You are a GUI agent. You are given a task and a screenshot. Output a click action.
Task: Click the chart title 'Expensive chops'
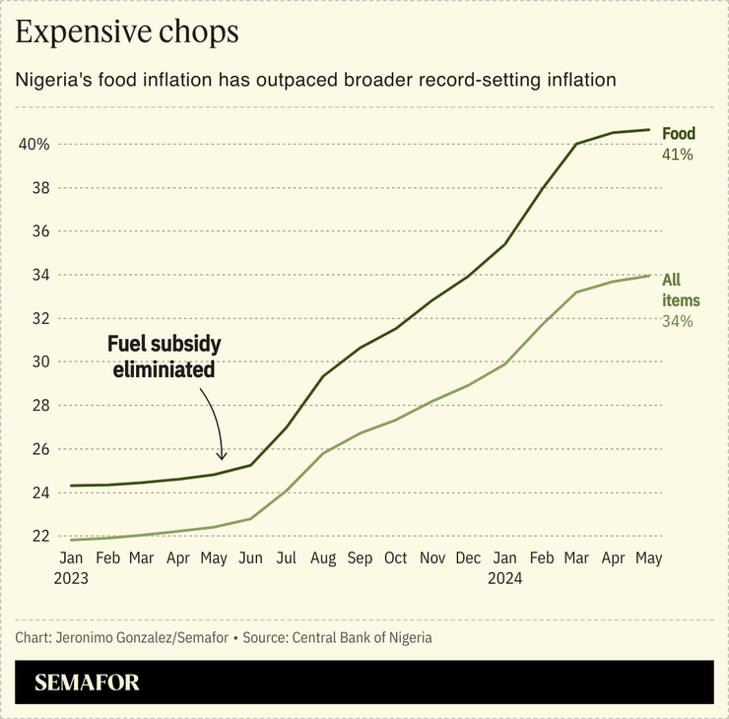point(127,33)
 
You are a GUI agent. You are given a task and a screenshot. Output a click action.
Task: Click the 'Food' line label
point(678,134)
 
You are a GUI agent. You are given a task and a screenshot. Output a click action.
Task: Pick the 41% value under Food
point(678,155)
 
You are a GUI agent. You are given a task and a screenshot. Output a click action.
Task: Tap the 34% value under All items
point(678,321)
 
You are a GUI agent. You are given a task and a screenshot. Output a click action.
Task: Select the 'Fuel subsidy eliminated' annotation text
point(164,358)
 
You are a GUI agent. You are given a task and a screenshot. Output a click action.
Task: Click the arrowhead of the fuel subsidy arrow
point(222,457)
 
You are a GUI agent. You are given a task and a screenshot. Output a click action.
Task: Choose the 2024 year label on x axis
point(504,579)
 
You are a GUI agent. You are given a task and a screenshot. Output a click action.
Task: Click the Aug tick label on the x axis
point(322,558)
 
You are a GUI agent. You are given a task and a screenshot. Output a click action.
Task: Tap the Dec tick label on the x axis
point(469,558)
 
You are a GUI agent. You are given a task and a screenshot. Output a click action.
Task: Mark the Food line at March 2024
point(576,144)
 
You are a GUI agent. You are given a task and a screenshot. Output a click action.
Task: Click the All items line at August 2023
point(322,453)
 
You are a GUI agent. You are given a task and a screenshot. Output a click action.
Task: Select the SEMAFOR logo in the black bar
point(87,683)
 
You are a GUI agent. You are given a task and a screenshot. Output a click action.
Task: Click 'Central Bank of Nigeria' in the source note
point(362,637)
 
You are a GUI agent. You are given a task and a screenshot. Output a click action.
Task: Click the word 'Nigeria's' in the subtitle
point(52,80)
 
